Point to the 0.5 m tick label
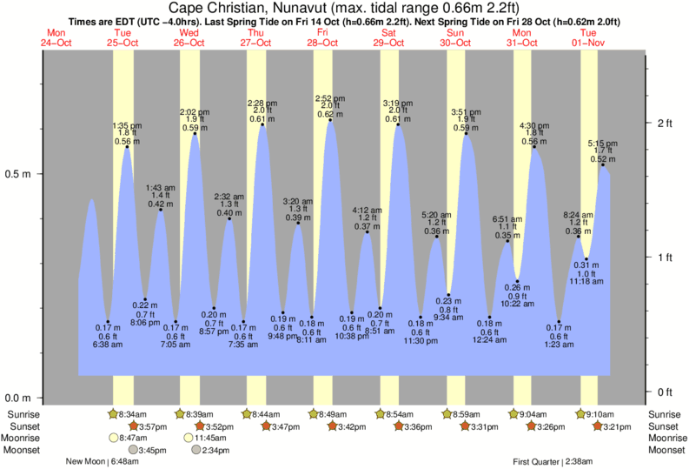point(19,174)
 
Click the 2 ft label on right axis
point(665,124)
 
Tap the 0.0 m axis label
point(19,398)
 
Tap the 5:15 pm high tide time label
point(602,144)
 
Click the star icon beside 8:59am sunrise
point(447,414)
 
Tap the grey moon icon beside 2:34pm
point(196,451)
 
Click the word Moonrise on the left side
point(27,439)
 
